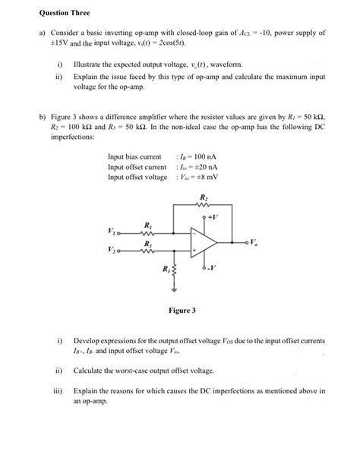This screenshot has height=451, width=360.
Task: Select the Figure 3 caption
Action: [183, 311]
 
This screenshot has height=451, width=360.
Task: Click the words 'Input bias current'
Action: [134, 157]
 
